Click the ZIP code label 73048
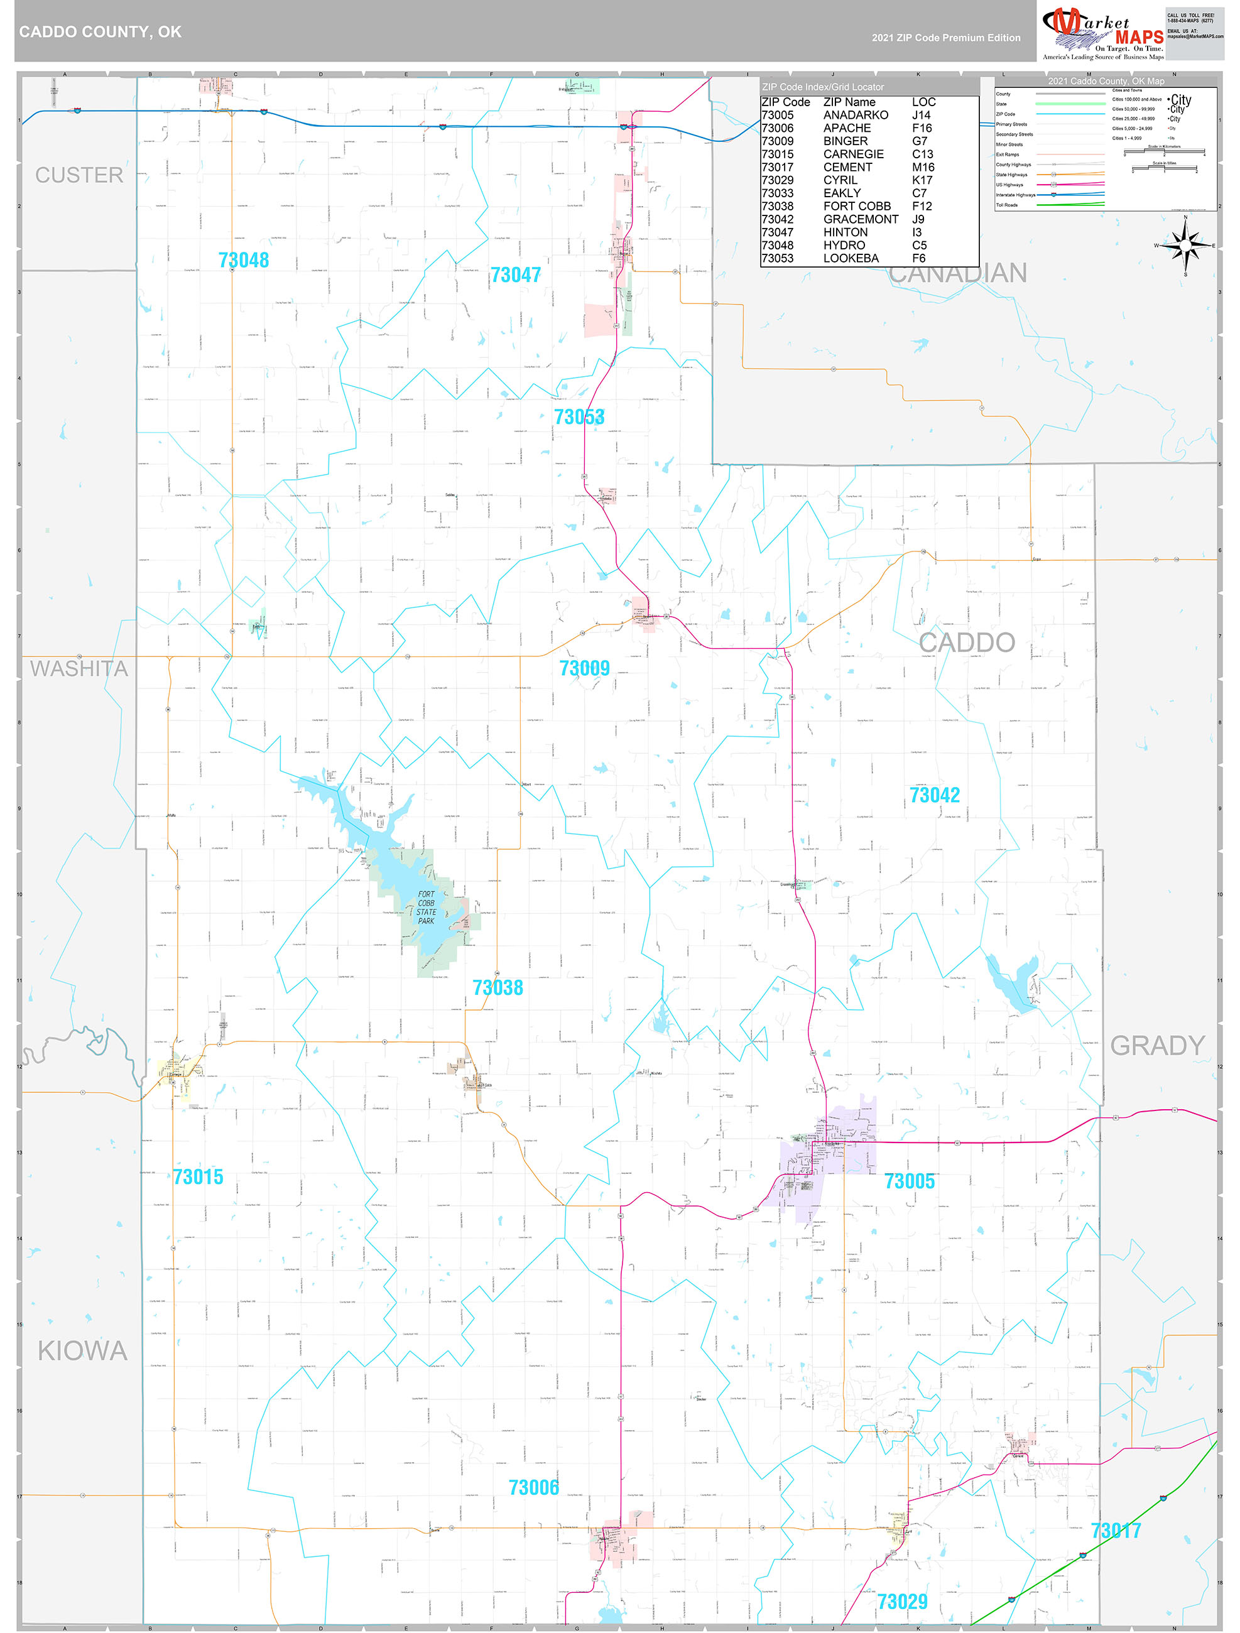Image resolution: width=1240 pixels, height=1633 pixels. tap(243, 260)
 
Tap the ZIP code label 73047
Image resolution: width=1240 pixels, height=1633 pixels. tap(516, 274)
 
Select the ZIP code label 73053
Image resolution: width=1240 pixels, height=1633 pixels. tap(579, 417)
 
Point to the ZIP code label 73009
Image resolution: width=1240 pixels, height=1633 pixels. tap(584, 668)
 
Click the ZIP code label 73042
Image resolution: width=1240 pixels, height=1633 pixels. tap(934, 795)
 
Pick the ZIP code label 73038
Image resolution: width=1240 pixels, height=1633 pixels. tap(497, 988)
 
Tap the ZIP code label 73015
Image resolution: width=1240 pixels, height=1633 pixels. tap(198, 1177)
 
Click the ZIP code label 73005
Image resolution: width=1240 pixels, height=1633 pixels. tap(909, 1181)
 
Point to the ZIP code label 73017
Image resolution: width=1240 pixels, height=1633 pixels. tap(1115, 1531)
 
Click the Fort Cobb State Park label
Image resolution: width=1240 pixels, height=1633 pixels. tap(426, 908)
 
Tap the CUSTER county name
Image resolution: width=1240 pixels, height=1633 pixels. tap(79, 175)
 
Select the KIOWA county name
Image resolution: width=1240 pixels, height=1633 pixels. tap(83, 1351)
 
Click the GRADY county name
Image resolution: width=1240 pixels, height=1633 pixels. tap(1156, 1045)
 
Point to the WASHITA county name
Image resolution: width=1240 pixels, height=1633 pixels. tap(79, 669)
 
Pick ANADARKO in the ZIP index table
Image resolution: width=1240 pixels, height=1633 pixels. tap(855, 115)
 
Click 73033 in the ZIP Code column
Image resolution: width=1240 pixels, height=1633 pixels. tap(777, 193)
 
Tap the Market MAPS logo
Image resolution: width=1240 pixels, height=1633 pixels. tap(1102, 33)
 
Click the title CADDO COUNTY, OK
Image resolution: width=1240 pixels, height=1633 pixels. tap(101, 32)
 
